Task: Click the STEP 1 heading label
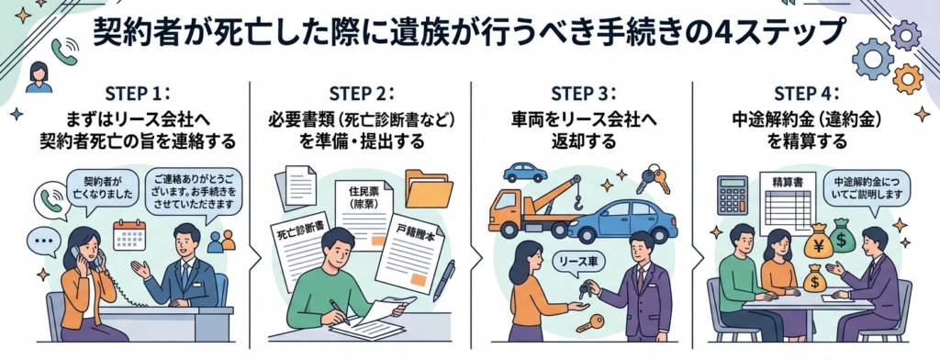pyautogui.click(x=137, y=95)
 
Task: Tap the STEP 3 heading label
pyautogui.click(x=583, y=95)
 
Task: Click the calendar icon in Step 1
pyautogui.click(x=129, y=234)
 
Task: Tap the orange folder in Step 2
pyautogui.click(x=429, y=187)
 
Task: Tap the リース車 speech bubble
pyautogui.click(x=578, y=261)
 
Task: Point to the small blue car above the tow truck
pyautogui.click(x=525, y=173)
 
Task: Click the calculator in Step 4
pyautogui.click(x=732, y=196)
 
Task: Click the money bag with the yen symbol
pyautogui.click(x=818, y=243)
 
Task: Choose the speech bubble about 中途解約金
pyautogui.click(x=866, y=192)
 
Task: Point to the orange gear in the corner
pyautogui.click(x=907, y=78)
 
